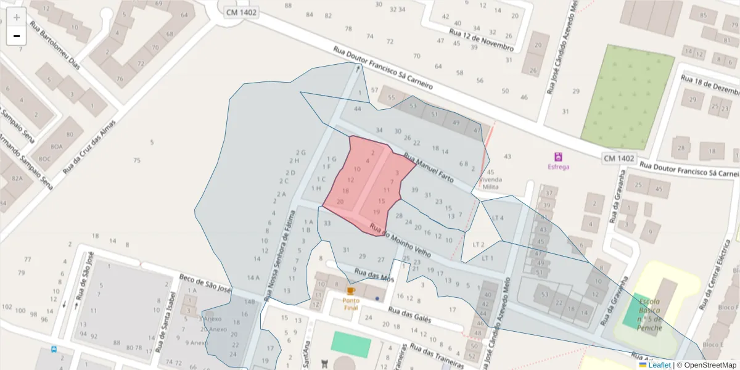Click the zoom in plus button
point(16,17)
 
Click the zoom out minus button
point(16,36)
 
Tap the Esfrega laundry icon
point(559,157)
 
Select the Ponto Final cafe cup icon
point(351,290)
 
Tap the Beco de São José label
point(205,284)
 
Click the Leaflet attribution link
point(659,365)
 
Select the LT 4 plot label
point(498,218)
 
